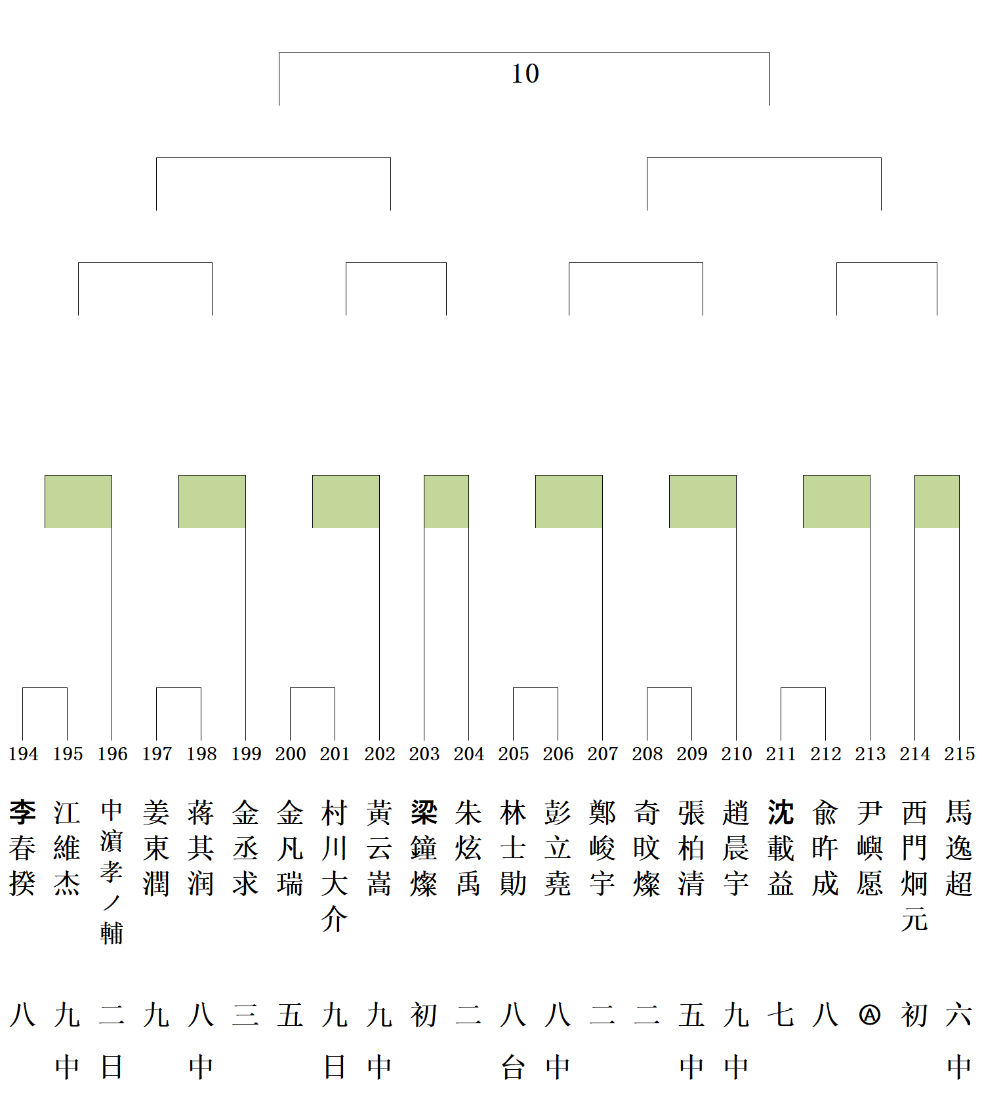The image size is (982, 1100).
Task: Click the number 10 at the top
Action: click(525, 73)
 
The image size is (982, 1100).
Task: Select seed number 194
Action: click(23, 754)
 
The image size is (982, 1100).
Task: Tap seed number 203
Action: click(424, 754)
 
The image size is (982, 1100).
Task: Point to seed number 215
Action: click(959, 754)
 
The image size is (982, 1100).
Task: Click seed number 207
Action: click(603, 754)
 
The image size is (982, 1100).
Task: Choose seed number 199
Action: click(246, 754)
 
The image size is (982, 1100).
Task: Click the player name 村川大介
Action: click(335, 866)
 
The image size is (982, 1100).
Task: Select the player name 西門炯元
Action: click(914, 866)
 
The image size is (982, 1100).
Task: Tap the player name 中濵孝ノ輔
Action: click(112, 871)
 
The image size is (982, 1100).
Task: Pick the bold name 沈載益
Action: click(781, 848)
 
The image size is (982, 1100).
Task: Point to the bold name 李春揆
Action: click(23, 848)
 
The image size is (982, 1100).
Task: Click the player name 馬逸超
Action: click(959, 848)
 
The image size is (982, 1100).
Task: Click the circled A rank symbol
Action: click(870, 1015)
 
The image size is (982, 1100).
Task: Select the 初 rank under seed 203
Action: click(424, 1015)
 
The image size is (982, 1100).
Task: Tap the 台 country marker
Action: click(513, 1068)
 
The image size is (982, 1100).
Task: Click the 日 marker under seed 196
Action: click(112, 1068)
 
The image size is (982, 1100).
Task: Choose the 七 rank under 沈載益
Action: click(781, 1015)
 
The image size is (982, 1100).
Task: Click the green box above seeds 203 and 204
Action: click(446, 501)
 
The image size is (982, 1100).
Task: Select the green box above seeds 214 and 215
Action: click(937, 501)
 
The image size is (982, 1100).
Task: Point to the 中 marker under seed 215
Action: click(959, 1068)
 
